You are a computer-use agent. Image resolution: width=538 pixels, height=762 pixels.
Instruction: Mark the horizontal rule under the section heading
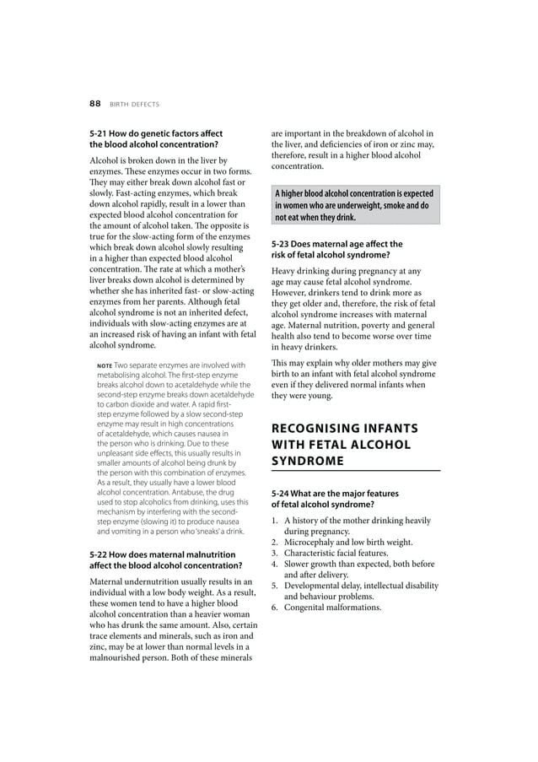[355, 470]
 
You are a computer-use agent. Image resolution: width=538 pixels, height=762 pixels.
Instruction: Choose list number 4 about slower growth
[274, 564]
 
